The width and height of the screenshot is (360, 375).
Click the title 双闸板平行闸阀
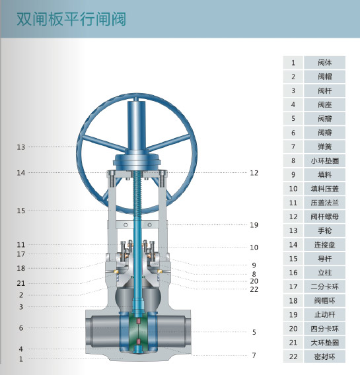pyautogui.click(x=71, y=19)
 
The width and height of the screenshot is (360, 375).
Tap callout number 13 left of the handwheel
pyautogui.click(x=21, y=147)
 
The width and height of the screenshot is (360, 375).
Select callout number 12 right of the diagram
pyautogui.click(x=254, y=173)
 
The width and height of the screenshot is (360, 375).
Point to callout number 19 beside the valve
pyautogui.click(x=254, y=225)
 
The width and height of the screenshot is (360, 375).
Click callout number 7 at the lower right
pyautogui.click(x=254, y=355)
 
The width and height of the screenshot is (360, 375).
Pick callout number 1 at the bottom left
pyautogui.click(x=21, y=359)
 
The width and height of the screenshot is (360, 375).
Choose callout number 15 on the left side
pyautogui.click(x=21, y=211)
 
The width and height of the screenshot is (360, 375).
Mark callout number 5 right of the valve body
pyautogui.click(x=254, y=332)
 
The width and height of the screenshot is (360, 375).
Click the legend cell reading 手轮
pyautogui.click(x=324, y=231)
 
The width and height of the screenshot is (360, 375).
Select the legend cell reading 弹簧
pyautogui.click(x=324, y=147)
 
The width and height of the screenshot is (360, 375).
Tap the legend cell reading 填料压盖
pyautogui.click(x=324, y=189)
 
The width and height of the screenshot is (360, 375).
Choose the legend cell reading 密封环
pyautogui.click(x=324, y=357)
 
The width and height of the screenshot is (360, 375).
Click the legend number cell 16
pyautogui.click(x=293, y=273)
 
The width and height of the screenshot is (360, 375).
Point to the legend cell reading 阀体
pyautogui.click(x=324, y=63)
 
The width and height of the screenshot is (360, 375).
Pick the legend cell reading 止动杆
pyautogui.click(x=324, y=314)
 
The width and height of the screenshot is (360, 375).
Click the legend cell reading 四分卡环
pyautogui.click(x=324, y=329)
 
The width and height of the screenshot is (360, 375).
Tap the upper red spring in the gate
pyautogui.click(x=138, y=321)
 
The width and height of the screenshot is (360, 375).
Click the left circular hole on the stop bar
pyautogui.click(x=126, y=225)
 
